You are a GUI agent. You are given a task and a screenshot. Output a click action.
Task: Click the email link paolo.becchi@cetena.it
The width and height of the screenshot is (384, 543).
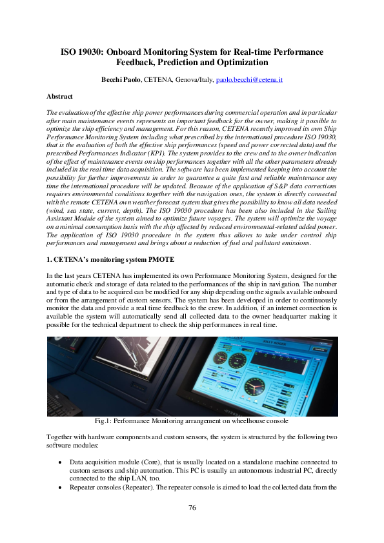[249, 79]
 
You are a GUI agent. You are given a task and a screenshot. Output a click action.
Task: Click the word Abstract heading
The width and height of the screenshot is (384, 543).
[59, 96]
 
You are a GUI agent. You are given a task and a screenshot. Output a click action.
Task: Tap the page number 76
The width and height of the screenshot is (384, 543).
[192, 508]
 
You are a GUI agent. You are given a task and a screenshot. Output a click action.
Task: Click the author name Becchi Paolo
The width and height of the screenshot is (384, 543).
[121, 79]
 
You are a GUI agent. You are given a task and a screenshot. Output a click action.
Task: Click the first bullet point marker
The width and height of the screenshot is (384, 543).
[60, 462]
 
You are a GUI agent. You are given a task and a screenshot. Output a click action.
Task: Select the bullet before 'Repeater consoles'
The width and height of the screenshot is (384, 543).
[60, 486]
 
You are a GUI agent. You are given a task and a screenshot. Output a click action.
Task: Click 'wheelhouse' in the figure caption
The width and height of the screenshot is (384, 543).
[248, 420]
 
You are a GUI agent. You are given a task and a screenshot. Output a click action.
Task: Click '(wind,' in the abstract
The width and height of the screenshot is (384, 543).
[58, 192]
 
